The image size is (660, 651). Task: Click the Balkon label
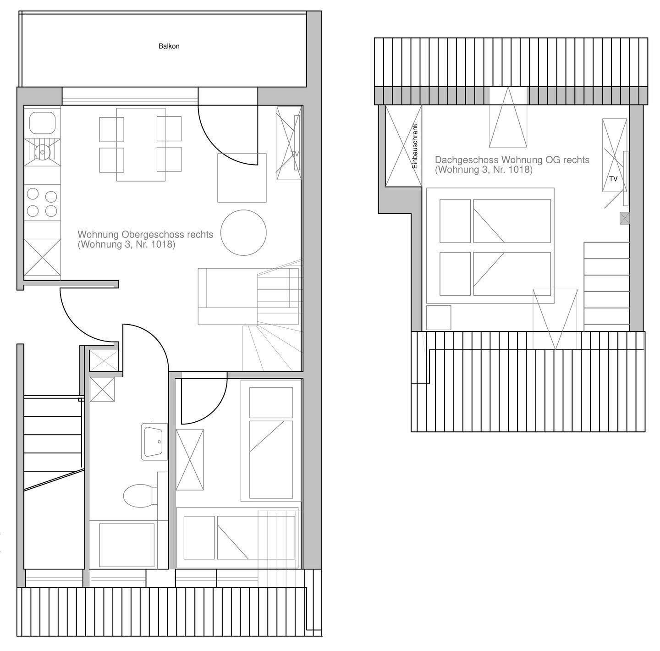tap(169, 46)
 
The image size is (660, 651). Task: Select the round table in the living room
tap(243, 232)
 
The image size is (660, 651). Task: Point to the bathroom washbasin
tap(154, 441)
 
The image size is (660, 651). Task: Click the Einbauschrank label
tap(415, 146)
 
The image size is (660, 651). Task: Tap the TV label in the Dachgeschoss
tap(613, 179)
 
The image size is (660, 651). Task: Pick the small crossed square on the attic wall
tap(625, 218)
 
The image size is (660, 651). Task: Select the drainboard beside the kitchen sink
tap(42, 152)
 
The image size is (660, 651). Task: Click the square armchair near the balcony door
tap(242, 178)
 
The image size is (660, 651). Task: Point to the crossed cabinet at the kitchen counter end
tap(42, 257)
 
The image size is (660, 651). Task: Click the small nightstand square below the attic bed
tap(439, 318)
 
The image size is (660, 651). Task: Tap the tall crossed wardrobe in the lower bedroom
tap(190, 459)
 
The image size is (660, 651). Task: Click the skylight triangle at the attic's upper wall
tap(508, 117)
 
